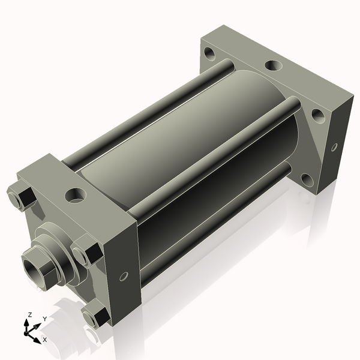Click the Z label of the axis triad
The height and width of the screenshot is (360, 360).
coord(29,315)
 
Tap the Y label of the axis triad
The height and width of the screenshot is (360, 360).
coord(45,319)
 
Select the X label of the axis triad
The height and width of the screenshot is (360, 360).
coord(45,340)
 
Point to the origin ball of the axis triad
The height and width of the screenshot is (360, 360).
coord(26,333)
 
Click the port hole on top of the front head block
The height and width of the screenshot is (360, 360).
coord(76,196)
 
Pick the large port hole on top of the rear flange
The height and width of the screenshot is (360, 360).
coord(273,65)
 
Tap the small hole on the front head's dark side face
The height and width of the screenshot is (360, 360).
coord(124,276)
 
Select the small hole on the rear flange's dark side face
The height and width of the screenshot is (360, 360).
coord(334,147)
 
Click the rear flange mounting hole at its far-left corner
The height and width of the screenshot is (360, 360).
coord(209,53)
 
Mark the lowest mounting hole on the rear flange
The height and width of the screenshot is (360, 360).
coord(307,180)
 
